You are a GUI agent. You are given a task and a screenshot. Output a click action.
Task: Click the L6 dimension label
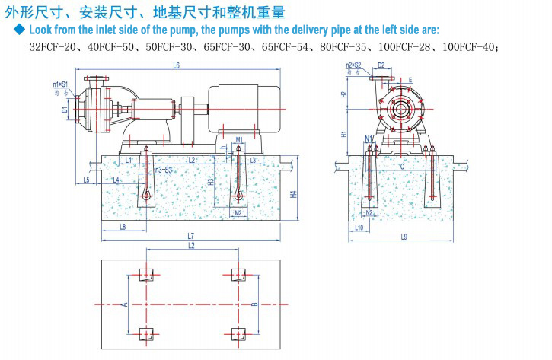[x=176, y=66]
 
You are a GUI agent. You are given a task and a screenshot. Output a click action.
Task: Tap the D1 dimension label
[x=65, y=110]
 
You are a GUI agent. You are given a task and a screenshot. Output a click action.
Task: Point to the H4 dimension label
[x=294, y=194]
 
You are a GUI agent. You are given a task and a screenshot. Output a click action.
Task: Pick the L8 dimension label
[x=123, y=227]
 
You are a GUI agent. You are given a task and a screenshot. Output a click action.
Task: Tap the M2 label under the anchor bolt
[x=238, y=213]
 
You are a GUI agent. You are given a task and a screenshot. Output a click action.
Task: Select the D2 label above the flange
[x=381, y=66]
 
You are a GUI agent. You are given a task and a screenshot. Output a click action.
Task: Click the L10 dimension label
[x=359, y=227]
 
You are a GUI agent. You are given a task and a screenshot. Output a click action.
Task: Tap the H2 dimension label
[x=344, y=96]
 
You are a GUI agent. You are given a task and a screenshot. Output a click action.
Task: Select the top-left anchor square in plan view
[x=147, y=274]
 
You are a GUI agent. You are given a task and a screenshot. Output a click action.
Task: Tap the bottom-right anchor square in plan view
[x=238, y=333]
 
